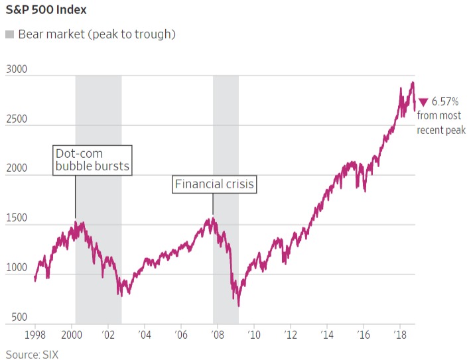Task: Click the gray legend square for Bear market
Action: pos(9,34)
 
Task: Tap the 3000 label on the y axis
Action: pos(17,69)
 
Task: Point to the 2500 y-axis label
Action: pos(17,119)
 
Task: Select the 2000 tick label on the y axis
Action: pos(17,168)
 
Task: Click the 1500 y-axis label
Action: pos(17,218)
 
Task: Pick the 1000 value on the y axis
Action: pos(17,268)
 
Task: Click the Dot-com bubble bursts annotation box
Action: pos(92,160)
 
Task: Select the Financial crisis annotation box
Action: pos(214,184)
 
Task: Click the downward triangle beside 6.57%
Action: pos(423,102)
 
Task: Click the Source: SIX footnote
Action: pos(37,353)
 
